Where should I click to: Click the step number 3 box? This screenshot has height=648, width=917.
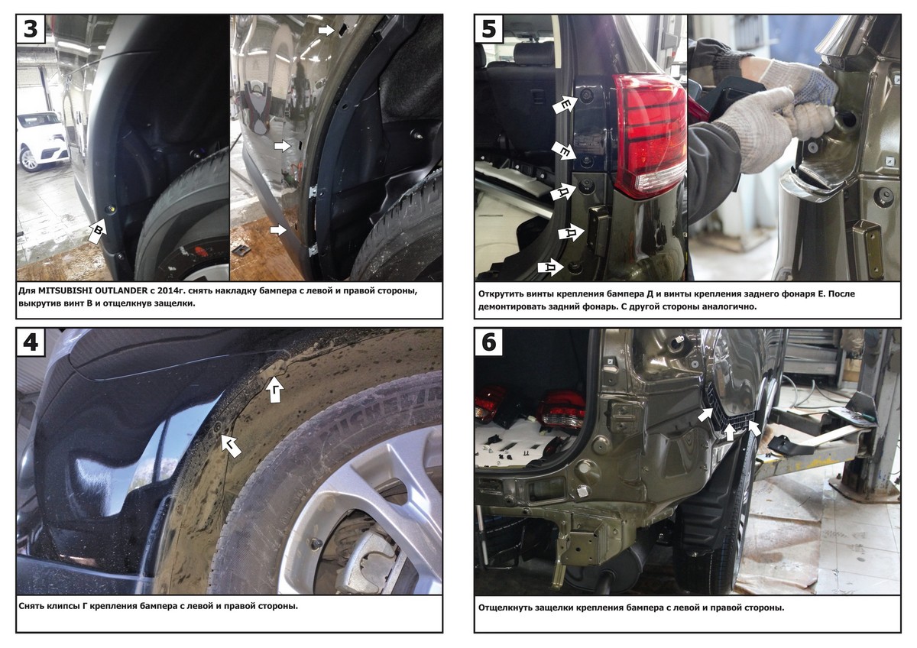tap(31, 28)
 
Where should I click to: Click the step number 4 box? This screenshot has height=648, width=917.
tap(31, 342)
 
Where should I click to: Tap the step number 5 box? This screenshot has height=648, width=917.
tap(489, 28)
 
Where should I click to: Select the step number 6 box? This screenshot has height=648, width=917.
tap(489, 342)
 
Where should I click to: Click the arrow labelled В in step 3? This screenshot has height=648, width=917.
tap(98, 231)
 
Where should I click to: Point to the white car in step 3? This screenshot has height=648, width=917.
tap(43, 140)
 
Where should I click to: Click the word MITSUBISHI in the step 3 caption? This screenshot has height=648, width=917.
tap(66, 291)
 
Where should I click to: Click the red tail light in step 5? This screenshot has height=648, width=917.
tap(651, 135)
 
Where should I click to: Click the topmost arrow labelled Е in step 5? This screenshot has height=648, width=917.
tap(565, 105)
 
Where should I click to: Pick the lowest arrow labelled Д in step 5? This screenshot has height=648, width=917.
tap(551, 267)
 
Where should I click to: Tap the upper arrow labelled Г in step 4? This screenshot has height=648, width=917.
tap(275, 390)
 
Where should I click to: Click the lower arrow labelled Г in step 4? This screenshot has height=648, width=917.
tap(232, 446)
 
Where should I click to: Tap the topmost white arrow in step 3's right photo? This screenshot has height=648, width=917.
tap(327, 30)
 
